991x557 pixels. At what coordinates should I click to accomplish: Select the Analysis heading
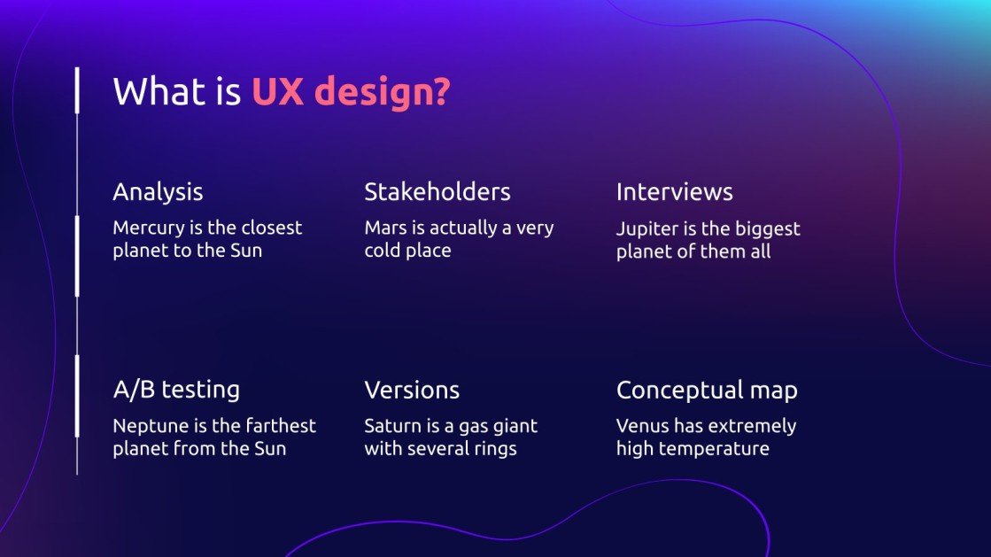[158, 192]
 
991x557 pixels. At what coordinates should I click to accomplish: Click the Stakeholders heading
[437, 192]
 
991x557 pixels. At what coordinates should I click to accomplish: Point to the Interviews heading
[674, 192]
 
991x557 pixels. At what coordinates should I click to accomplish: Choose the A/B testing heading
[176, 390]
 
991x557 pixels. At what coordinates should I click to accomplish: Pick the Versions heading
[412, 390]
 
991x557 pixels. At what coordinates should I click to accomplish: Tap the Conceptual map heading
[707, 390]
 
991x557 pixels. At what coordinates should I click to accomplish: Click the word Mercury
[148, 228]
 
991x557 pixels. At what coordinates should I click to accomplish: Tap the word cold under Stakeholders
[383, 251]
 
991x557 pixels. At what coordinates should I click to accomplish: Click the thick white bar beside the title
[78, 89]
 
